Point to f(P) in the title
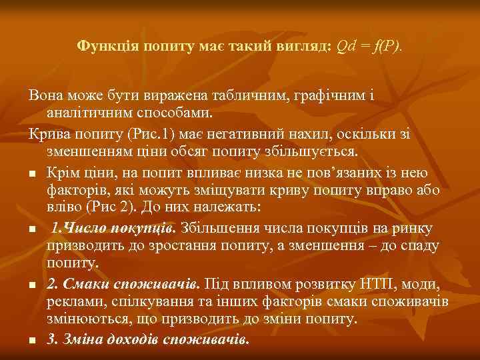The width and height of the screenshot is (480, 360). pyautogui.click(x=388, y=46)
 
